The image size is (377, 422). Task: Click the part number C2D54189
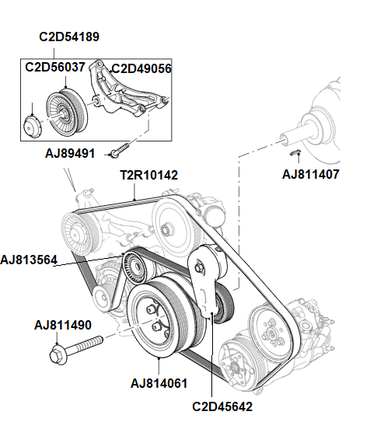point(69,37)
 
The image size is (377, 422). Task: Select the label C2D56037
point(54,68)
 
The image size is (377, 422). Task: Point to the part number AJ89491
point(69,154)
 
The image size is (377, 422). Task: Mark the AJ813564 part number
point(30,260)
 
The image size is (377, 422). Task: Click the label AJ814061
point(159,382)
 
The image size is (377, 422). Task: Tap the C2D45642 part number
point(222,405)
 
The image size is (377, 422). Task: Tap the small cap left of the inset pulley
point(31,125)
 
